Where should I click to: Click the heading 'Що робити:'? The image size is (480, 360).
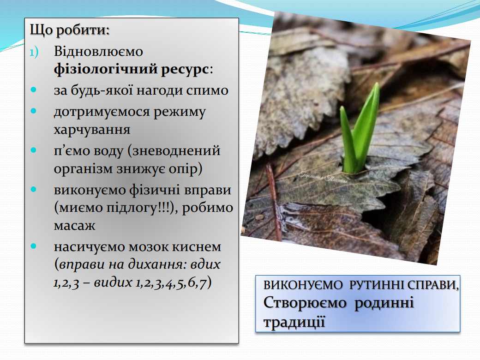70,30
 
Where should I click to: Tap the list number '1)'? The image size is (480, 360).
34,52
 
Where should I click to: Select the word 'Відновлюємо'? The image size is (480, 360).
98,51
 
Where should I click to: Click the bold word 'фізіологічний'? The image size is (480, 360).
106,69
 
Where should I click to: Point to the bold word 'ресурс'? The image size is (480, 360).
185,70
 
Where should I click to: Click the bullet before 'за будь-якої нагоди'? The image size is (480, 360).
33,90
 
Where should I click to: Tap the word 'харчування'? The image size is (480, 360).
92,130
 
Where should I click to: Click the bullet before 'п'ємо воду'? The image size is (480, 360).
33,150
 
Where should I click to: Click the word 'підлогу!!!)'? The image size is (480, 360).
140,208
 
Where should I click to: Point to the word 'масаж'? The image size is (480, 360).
74,226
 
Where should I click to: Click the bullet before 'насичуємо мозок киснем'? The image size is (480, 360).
33,246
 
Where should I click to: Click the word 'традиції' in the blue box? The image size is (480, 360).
294,322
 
